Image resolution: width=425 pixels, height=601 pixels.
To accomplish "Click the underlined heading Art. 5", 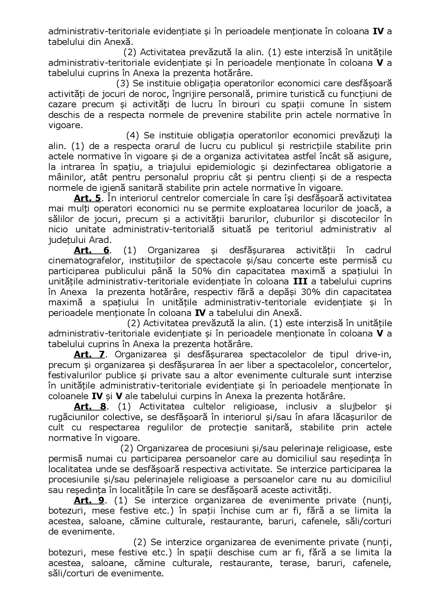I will (x=87, y=198).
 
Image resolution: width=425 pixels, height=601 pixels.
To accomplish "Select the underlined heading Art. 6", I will (x=92, y=250).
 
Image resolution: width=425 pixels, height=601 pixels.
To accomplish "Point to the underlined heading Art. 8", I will (x=89, y=406).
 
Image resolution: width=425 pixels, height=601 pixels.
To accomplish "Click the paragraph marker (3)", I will (x=123, y=83).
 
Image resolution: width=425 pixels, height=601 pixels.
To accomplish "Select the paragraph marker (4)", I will (x=133, y=135).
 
